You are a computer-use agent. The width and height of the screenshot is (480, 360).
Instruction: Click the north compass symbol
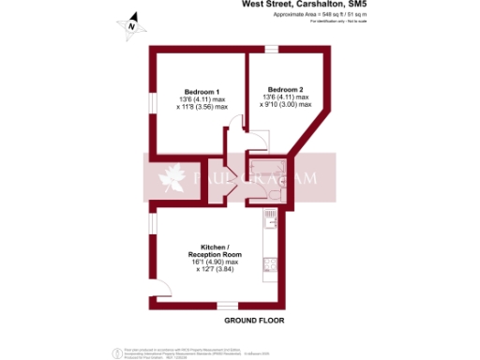(131, 25)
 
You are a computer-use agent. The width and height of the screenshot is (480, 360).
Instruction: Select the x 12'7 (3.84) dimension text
(215, 270)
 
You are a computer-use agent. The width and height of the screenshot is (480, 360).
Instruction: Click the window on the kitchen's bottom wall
(226, 304)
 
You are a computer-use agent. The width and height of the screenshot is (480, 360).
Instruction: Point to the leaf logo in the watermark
(173, 177)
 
